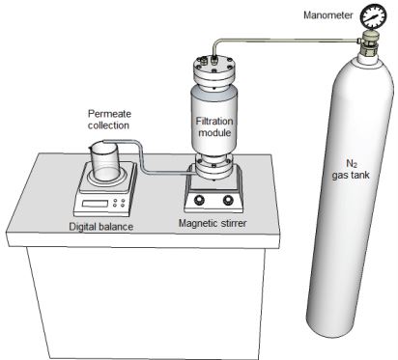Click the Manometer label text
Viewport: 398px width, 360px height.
point(328,15)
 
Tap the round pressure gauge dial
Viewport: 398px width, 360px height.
point(373,16)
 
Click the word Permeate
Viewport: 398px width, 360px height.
point(109,114)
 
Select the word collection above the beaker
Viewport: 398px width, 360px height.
point(108,125)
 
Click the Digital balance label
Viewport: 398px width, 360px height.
point(101,227)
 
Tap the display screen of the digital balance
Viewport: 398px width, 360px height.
point(96,204)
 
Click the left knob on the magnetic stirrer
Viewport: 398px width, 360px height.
point(199,200)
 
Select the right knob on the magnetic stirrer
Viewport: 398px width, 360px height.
point(228,200)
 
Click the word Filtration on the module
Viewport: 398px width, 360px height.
point(214,122)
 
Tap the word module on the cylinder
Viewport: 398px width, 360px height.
point(214,132)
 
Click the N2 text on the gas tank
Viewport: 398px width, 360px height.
point(352,164)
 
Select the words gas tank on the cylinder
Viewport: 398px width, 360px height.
point(351,176)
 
